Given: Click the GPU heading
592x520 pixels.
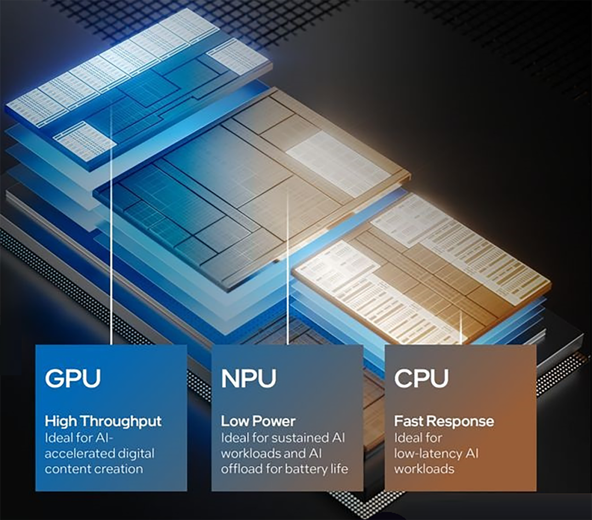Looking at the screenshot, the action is (73, 378).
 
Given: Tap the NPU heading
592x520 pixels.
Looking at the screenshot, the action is (249, 378).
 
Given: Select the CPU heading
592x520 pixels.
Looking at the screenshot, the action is (422, 378).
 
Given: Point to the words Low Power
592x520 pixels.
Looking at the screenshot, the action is (258, 421).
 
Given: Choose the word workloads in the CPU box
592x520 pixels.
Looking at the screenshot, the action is (424, 469).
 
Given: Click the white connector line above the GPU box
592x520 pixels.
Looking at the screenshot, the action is (112, 225).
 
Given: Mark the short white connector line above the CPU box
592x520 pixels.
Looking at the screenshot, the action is (461, 329).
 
